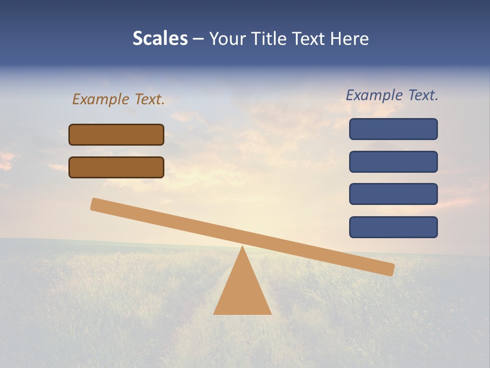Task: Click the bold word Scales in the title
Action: pyautogui.click(x=160, y=39)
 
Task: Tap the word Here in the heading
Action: pyautogui.click(x=350, y=39)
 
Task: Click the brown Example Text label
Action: pyautogui.click(x=118, y=99)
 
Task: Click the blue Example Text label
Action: pyautogui.click(x=392, y=95)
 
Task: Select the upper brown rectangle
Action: pyautogui.click(x=116, y=134)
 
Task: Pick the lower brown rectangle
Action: pyautogui.click(x=116, y=167)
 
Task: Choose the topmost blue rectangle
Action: pyautogui.click(x=393, y=129)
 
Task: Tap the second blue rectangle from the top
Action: pyautogui.click(x=393, y=162)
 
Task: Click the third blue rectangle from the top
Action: pyautogui.click(x=393, y=194)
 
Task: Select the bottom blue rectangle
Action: pyautogui.click(x=393, y=227)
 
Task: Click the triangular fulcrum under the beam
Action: pyautogui.click(x=242, y=291)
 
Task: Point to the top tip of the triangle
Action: pyautogui.click(x=242, y=247)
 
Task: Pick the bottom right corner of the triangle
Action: pyautogui.click(x=270, y=313)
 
